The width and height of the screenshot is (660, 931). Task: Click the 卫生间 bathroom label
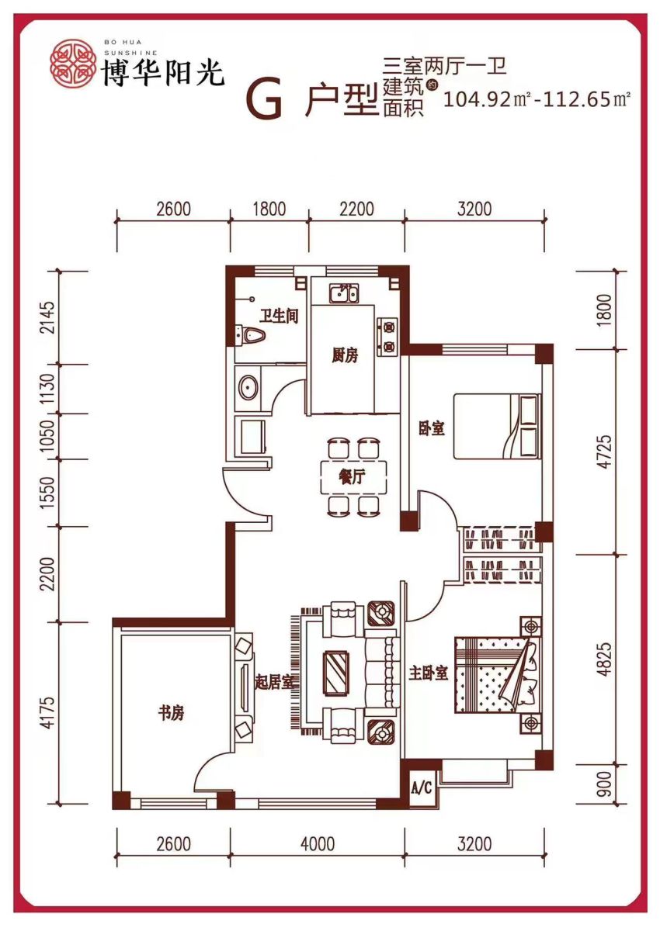click(x=279, y=317)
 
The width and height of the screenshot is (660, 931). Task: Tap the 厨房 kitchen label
click(x=345, y=356)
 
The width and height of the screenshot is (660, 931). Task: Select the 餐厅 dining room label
click(x=352, y=477)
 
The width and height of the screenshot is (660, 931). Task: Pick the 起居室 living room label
click(x=274, y=682)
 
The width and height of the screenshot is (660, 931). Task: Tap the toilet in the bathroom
click(x=250, y=335)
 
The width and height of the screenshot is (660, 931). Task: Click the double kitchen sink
click(x=343, y=293)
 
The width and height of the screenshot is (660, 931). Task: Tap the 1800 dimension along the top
click(x=269, y=209)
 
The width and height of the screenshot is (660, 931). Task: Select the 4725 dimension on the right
click(x=606, y=452)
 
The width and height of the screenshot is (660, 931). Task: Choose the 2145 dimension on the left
click(x=48, y=317)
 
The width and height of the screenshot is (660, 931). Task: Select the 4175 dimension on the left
click(x=48, y=712)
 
